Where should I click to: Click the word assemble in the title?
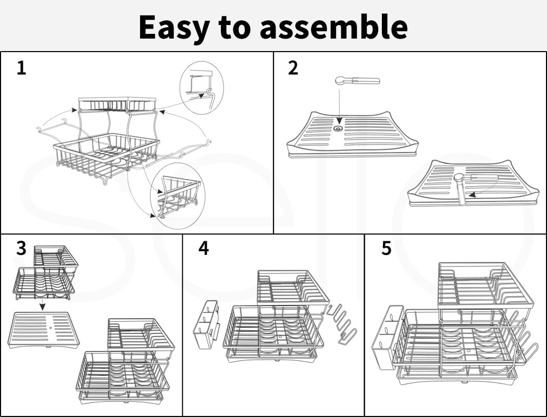click(333, 27)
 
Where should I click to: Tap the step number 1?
click(21, 68)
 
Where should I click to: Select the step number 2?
click(293, 68)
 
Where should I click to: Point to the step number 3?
click(21, 248)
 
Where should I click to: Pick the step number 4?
click(203, 248)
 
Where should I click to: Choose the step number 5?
click(386, 248)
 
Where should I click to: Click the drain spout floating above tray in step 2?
click(357, 81)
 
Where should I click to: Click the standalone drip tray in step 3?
click(45, 329)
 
